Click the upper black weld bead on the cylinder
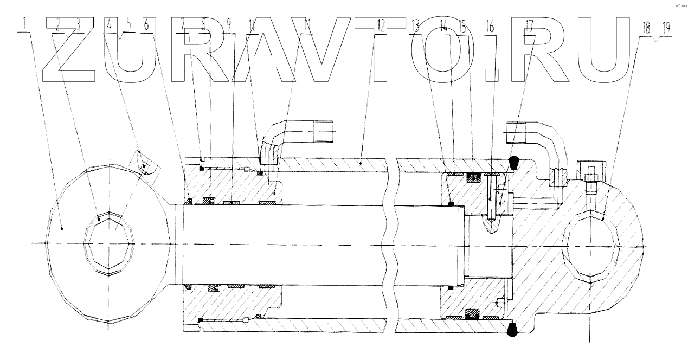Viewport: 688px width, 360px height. pyautogui.click(x=513, y=161)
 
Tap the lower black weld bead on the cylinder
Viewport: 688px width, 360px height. pyautogui.click(x=512, y=329)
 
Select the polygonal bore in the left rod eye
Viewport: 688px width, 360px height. pyautogui.click(x=111, y=243)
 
